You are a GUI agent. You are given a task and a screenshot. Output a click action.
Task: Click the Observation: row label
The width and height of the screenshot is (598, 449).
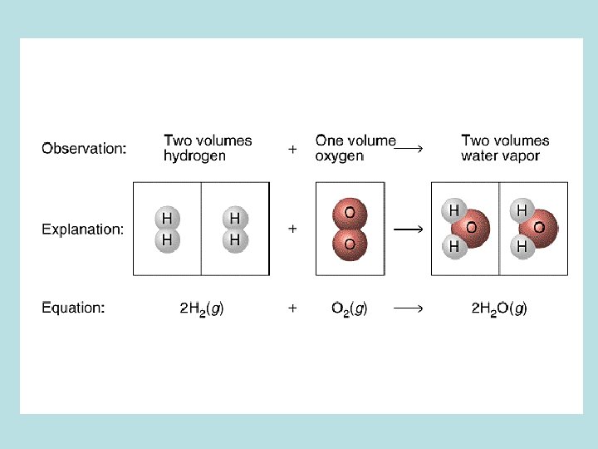tap(84, 149)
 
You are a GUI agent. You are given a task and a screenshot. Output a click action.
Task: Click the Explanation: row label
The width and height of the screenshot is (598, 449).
tap(83, 229)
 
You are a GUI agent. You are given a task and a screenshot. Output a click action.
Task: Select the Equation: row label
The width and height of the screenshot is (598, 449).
tap(73, 308)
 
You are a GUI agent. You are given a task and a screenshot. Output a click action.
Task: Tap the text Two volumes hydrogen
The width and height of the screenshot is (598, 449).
tap(208, 148)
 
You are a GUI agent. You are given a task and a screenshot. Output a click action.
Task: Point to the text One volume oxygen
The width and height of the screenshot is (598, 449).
tap(355, 148)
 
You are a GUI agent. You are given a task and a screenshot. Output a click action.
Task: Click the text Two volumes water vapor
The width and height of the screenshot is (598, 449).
tap(505, 148)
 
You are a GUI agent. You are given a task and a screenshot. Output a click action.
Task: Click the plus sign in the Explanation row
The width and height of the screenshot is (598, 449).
tap(292, 229)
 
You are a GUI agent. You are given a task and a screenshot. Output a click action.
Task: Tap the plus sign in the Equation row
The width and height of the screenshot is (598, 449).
tap(292, 308)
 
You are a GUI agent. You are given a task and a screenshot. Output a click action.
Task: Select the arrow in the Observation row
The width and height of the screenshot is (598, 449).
tap(409, 149)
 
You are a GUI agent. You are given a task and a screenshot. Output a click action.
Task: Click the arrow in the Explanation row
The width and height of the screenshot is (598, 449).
tap(409, 229)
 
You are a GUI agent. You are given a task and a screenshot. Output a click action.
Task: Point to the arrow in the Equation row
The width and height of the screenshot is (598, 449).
tap(409, 308)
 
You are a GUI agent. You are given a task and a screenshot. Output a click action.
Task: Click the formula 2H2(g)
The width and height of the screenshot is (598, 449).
tap(202, 308)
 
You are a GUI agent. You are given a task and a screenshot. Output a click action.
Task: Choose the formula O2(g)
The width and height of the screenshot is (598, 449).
tap(349, 308)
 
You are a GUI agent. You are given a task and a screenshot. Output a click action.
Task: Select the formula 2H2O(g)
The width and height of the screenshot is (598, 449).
tap(499, 308)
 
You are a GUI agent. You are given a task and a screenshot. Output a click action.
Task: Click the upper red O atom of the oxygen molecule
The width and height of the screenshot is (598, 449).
tap(350, 213)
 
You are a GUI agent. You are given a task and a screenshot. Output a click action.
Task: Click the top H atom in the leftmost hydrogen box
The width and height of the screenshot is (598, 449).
tap(167, 219)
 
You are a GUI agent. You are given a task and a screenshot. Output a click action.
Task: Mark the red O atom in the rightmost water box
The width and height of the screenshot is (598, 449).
tap(539, 228)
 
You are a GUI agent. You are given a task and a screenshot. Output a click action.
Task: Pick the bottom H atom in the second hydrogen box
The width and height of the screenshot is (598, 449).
tap(235, 239)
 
